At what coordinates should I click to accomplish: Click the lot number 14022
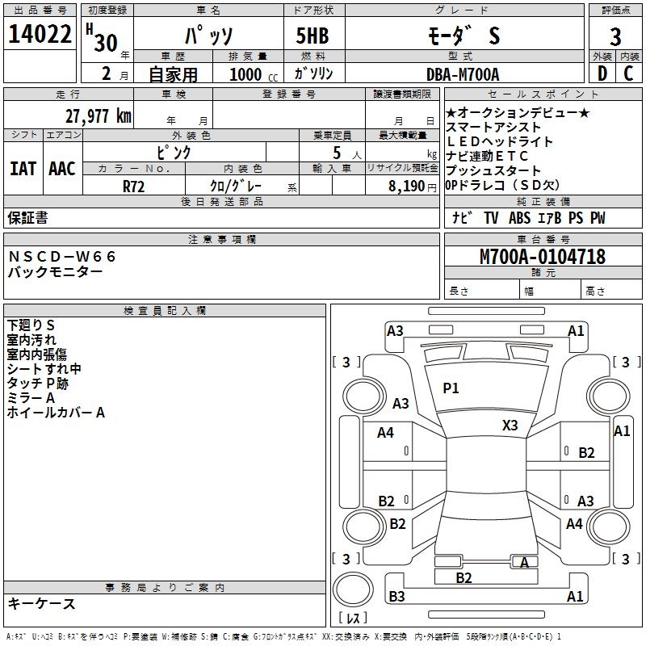pos(40,36)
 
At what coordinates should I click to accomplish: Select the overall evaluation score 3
pos(615,36)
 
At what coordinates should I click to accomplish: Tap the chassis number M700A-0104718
pos(542,258)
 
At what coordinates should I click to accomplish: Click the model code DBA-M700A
pos(463,75)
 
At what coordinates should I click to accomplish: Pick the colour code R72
pos(134,186)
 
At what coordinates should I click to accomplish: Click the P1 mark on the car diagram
pos(451,388)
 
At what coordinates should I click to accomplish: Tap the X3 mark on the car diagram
pos(510,425)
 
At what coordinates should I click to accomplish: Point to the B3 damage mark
pos(396,597)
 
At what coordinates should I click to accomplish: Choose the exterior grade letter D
pos(602,74)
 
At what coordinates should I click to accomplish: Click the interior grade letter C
pos(628,74)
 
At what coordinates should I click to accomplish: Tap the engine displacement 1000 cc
pos(250,75)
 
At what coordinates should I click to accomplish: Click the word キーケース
pos(42,603)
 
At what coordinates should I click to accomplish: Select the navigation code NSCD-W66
pos(63,257)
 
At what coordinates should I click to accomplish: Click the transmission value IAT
pos(23,168)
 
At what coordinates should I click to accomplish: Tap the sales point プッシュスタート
pos(493,170)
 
